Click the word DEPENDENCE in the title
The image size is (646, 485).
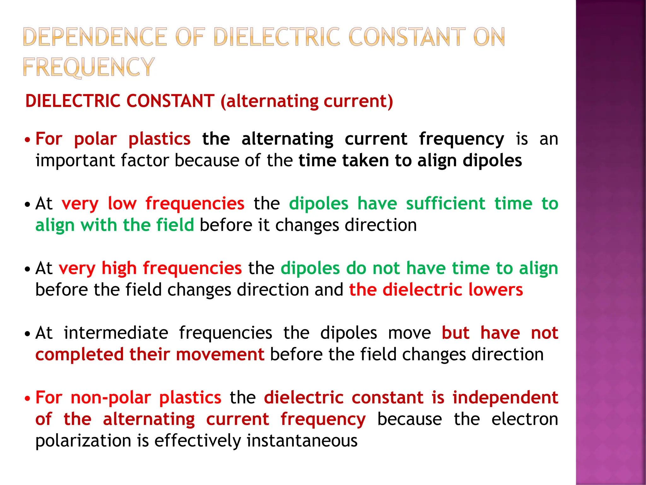point(95,37)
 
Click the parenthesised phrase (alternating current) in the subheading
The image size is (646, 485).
point(307,101)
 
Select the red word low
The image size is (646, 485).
point(122,203)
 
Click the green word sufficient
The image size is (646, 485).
point(445,203)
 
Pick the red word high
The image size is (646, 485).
point(119,268)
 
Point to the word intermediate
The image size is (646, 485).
point(116,333)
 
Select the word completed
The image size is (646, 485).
point(79,354)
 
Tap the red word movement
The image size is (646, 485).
point(220,354)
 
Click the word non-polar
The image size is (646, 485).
point(111,398)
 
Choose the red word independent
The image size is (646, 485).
point(505,398)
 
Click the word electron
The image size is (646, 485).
point(525,419)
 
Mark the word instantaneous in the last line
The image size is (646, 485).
point(302,441)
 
